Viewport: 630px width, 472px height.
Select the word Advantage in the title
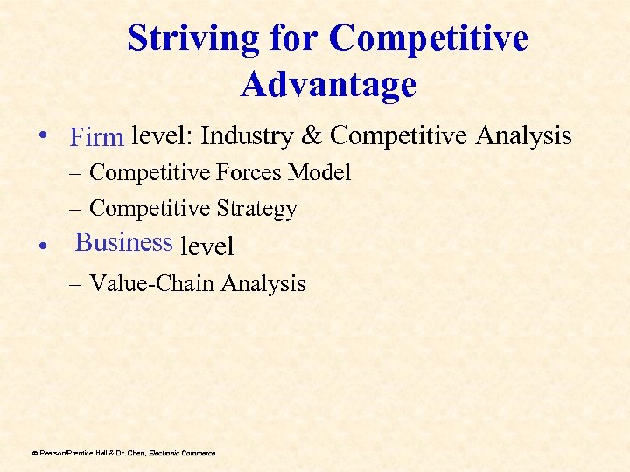328,85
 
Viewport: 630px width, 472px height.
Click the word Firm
98,138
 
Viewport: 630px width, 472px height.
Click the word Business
123,242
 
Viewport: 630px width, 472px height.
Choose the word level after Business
206,246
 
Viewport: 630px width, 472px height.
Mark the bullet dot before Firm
55,137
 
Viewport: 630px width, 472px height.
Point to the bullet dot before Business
55,246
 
